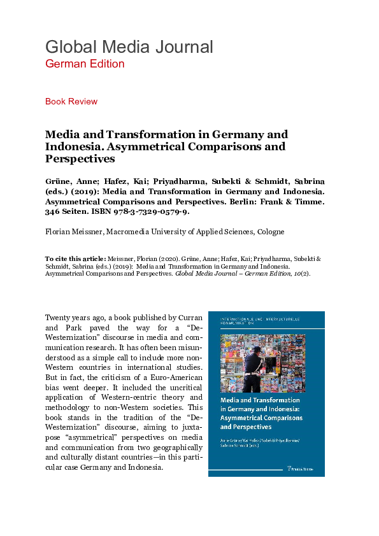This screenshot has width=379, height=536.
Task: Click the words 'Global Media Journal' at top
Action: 129,46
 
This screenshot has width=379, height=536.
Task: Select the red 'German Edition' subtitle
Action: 85,64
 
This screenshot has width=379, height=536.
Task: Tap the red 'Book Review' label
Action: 71,101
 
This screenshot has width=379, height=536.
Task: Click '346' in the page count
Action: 53,211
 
